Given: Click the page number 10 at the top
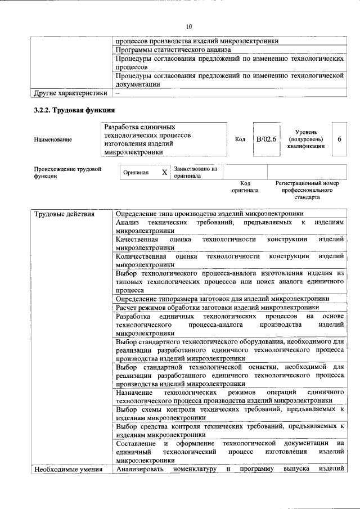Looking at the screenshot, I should click(x=188, y=26).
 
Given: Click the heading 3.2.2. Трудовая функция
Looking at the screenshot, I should click(x=74, y=110).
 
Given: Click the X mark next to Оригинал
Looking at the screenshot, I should click(x=164, y=172).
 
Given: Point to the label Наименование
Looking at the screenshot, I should click(x=53, y=139).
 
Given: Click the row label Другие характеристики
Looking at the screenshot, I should click(x=70, y=93).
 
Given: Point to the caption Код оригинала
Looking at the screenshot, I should click(x=245, y=187).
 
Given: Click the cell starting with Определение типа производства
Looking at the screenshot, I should click(x=209, y=214).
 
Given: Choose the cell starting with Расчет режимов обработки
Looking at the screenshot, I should click(x=217, y=307).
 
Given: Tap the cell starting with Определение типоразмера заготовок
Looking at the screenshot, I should click(x=222, y=298).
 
